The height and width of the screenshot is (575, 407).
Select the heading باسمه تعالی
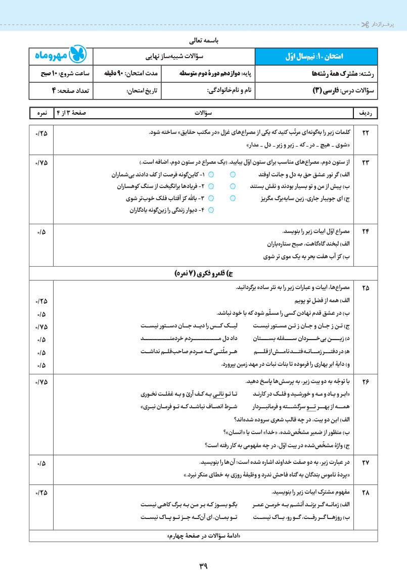point(203,39)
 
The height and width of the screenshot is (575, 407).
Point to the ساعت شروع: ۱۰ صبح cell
point(61,73)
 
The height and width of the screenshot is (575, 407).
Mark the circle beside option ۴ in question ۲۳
point(211,210)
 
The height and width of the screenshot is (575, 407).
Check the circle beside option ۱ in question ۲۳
point(211,174)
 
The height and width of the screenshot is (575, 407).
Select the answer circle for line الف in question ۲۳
point(233,174)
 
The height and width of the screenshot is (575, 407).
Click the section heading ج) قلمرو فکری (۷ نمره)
point(203,273)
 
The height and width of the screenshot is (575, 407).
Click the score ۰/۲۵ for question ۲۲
point(40,132)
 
